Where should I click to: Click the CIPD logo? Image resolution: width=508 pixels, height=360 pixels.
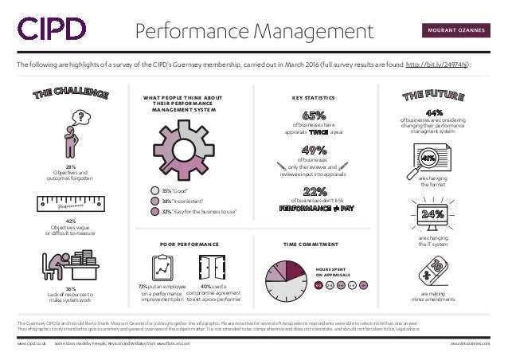tap(52, 29)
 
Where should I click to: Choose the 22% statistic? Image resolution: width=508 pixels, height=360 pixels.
tap(316, 190)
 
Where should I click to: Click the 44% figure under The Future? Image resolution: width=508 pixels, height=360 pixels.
tap(435, 113)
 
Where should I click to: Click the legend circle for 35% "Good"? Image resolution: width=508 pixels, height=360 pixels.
tap(156, 191)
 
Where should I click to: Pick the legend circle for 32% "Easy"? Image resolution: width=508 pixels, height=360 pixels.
tap(156, 211)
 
